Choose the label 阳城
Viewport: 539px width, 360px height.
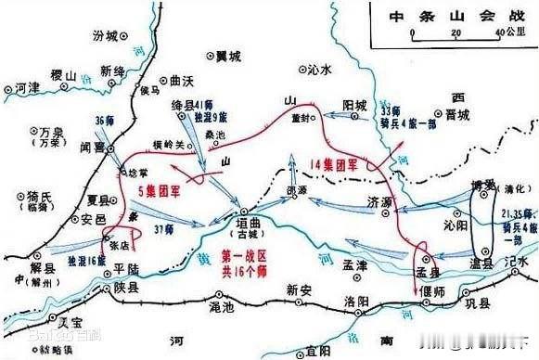click(356, 105)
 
